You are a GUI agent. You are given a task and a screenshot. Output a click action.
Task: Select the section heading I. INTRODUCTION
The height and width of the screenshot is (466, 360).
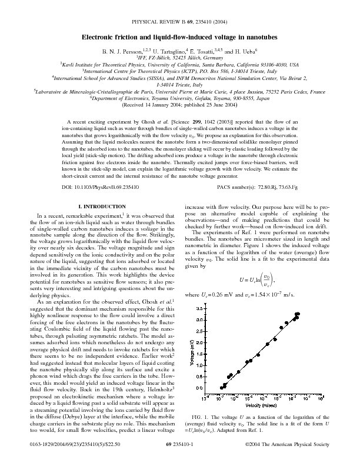point(104,208)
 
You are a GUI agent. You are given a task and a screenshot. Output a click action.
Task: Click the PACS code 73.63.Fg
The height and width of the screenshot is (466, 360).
point(285,187)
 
